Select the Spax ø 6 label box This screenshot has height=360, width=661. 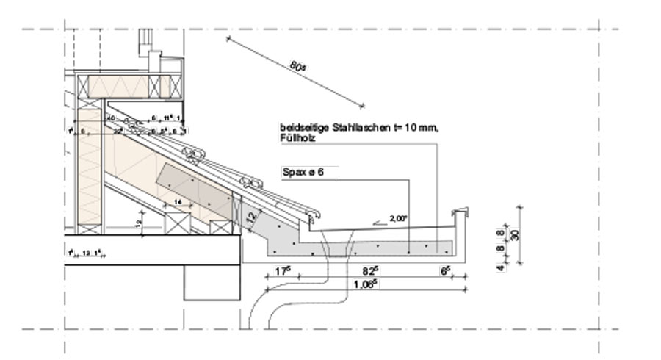(x=310, y=172)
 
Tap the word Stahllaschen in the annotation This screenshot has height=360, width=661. (x=344, y=127)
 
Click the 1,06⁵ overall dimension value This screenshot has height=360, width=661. (x=365, y=284)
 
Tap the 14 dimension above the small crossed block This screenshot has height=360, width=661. (x=177, y=201)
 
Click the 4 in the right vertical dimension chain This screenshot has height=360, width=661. (x=500, y=267)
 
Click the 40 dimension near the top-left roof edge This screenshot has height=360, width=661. (x=111, y=117)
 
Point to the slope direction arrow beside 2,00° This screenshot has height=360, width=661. (x=381, y=220)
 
